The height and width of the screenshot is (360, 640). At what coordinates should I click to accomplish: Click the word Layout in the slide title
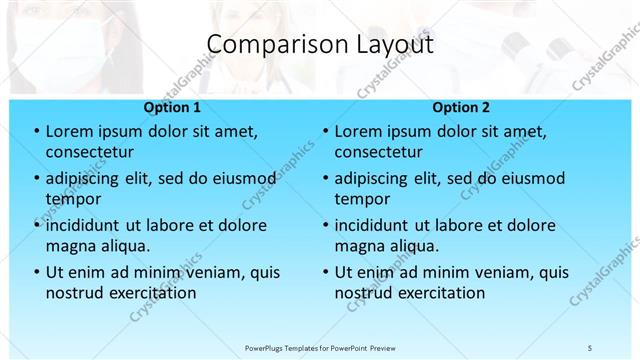[x=393, y=45]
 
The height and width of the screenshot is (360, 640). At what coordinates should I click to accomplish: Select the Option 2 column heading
[x=461, y=107]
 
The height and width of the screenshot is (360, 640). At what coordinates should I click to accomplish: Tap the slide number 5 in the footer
[x=589, y=347]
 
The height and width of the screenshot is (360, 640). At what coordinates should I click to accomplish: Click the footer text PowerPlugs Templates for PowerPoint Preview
[x=320, y=347]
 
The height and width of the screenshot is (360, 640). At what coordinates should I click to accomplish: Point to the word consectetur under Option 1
[x=90, y=152]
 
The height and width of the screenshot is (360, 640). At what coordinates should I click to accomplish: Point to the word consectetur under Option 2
[x=378, y=152]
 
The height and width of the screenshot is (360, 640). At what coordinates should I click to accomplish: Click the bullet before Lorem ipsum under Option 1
[x=36, y=131]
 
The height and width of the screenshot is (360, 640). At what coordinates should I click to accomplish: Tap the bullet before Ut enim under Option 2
[x=325, y=272]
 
